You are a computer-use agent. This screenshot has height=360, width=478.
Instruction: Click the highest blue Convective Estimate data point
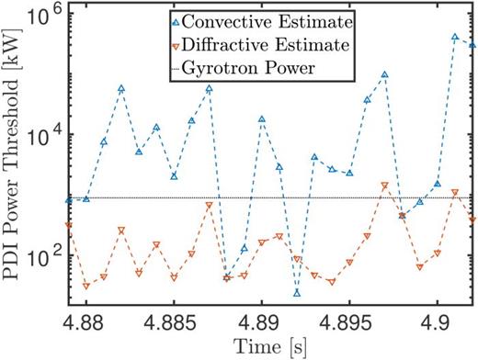455,37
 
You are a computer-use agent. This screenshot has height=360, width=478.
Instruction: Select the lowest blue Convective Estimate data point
297,292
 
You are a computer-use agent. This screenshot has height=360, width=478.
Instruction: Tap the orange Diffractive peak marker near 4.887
209,205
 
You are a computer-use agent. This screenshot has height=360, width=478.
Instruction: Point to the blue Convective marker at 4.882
121,88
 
